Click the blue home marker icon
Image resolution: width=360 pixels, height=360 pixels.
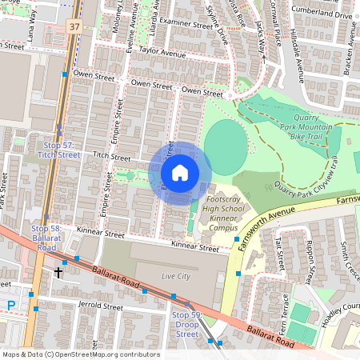pos(180,173)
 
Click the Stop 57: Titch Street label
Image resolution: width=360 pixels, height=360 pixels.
pos(57,149)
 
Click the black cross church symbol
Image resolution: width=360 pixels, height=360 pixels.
pos(58,273)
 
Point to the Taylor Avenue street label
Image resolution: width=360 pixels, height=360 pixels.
pos(162,53)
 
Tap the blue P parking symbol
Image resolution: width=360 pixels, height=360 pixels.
pos(10,305)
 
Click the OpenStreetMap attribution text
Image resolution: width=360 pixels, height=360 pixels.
pos(80,354)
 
